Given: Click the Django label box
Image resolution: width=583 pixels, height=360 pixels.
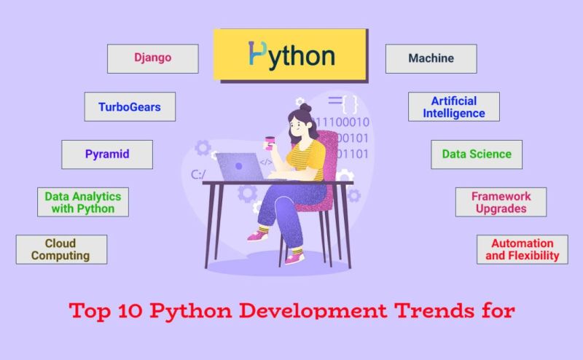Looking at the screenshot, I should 153,58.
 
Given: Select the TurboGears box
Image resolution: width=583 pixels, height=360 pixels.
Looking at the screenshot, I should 130,106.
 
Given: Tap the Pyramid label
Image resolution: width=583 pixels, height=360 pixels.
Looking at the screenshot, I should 107,154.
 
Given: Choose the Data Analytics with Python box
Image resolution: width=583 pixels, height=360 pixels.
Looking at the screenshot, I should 83,202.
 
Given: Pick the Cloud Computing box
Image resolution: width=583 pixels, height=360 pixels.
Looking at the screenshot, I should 61,249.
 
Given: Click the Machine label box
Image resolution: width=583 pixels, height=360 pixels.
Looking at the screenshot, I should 431,58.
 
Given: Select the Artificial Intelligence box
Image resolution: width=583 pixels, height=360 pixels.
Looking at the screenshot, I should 453,106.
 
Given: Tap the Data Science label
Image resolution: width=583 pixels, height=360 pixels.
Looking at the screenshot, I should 477,154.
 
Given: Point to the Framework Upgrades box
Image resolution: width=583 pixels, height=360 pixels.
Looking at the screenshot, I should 501,202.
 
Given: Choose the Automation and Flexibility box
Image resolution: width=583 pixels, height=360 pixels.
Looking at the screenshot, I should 523,249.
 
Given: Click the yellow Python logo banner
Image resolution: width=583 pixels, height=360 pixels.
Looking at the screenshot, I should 291,55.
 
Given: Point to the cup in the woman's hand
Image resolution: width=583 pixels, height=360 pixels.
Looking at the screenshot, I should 270,141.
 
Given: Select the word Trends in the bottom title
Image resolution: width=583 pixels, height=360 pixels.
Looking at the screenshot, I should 426,311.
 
